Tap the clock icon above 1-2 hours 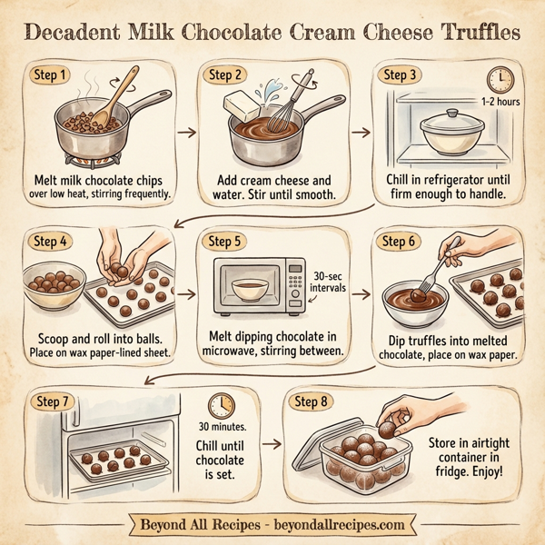(x=498, y=78)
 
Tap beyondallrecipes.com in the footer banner (x=341, y=525)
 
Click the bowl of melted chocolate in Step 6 (x=413, y=299)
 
